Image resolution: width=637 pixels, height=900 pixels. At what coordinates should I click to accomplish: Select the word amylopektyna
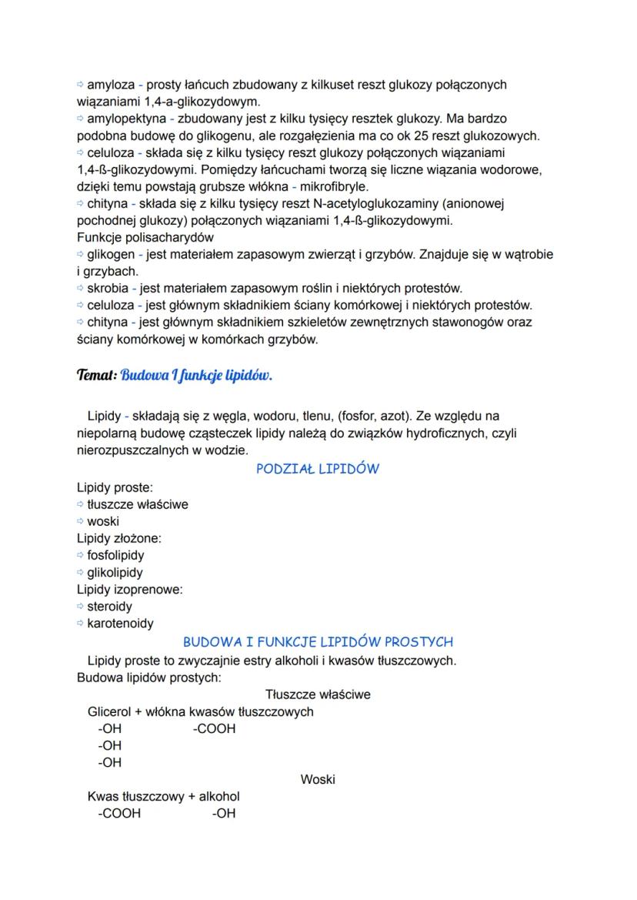coord(125,119)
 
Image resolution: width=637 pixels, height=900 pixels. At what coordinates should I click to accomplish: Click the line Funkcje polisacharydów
coord(145,237)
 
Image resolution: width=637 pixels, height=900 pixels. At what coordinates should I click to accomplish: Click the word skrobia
coord(107,289)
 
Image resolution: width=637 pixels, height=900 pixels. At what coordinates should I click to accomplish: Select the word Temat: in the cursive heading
coord(96,376)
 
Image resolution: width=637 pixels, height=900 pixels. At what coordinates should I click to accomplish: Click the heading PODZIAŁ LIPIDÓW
coord(318,469)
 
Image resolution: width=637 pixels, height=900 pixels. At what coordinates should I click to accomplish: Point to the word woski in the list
coord(103,521)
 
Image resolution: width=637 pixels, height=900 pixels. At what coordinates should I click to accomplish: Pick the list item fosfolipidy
coord(115,555)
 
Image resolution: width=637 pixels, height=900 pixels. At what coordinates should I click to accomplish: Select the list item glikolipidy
coord(115,572)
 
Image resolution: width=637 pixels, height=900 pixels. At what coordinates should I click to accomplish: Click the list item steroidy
coord(109,606)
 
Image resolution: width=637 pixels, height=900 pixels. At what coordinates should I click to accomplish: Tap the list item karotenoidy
coord(120,623)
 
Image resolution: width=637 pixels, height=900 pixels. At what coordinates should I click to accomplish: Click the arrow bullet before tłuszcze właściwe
coord(81,505)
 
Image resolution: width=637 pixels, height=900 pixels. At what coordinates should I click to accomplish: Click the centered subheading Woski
coord(318,779)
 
